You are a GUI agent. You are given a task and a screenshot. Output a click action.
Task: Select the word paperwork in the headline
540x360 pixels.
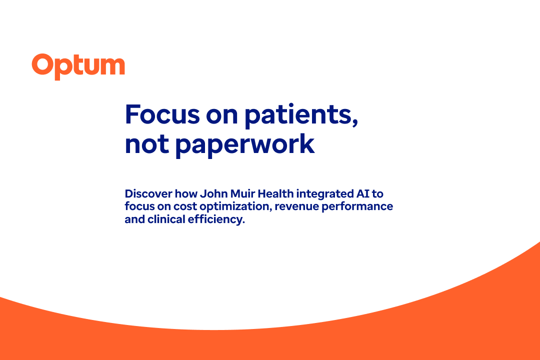pyautogui.click(x=245, y=144)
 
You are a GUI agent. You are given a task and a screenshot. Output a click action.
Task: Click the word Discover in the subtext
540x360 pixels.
pyautogui.click(x=145, y=193)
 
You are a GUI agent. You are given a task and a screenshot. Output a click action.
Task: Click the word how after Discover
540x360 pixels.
pyautogui.click(x=178, y=193)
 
